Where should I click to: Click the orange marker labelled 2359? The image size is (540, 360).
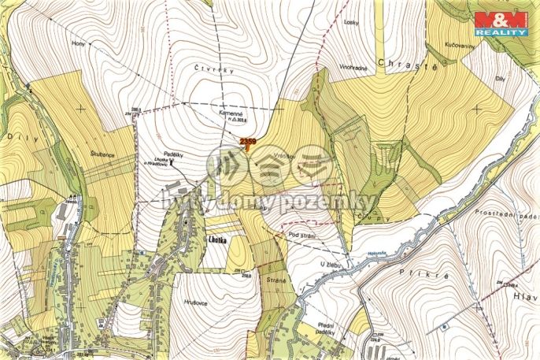pos(247,143)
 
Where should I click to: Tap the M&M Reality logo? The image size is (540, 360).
pos(501,23)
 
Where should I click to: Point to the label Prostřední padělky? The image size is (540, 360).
pos(507,214)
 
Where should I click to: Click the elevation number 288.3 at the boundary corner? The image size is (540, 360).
pos(136,109)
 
